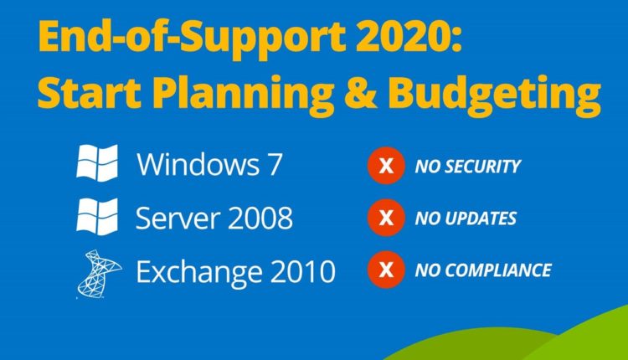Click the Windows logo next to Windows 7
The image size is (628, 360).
pos(97,163)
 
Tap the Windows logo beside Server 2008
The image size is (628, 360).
pos(97,216)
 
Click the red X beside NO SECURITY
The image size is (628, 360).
pos(385,166)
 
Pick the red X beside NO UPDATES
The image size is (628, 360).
pos(385,219)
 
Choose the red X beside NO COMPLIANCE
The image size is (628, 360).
pos(385,270)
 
